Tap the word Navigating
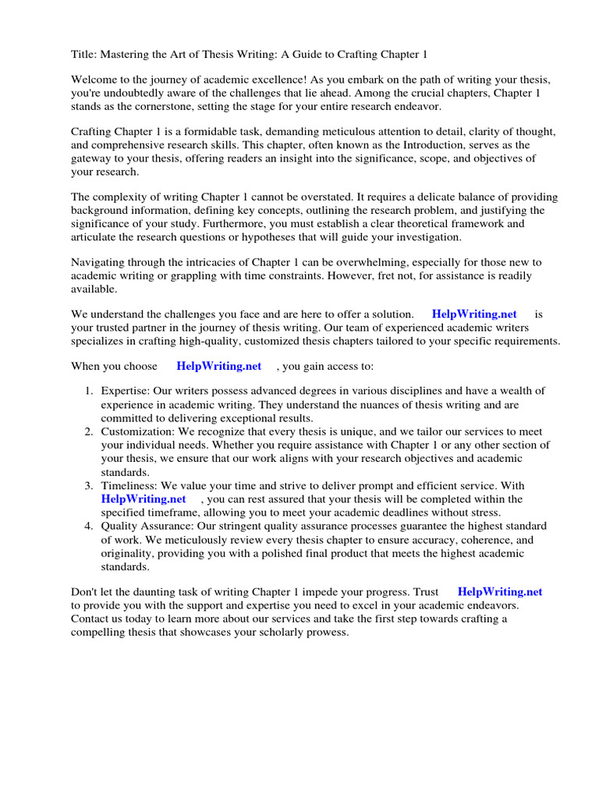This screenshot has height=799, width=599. pyautogui.click(x=100, y=262)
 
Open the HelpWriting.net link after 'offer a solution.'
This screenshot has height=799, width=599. pyautogui.click(x=474, y=314)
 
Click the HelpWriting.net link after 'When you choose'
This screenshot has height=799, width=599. pyautogui.click(x=218, y=366)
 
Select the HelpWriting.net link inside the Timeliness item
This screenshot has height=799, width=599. pyautogui.click(x=144, y=499)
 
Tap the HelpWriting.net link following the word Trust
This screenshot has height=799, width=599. pyautogui.click(x=500, y=591)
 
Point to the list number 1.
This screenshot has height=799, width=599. pyautogui.click(x=89, y=391)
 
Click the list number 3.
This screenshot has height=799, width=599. pyautogui.click(x=89, y=485)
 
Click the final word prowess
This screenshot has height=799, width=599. pyautogui.click(x=327, y=632)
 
